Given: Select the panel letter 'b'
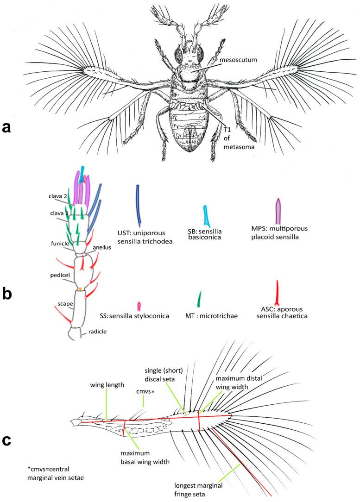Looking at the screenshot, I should [8, 295].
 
